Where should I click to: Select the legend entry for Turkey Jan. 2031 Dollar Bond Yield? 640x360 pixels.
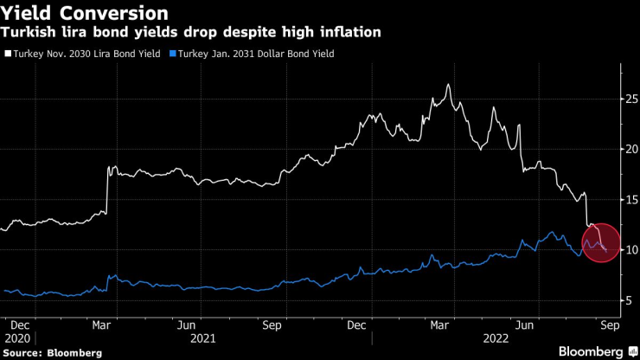(x=255, y=54)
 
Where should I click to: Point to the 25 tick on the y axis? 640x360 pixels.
(x=632, y=99)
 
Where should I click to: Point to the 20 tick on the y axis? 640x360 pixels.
(x=632, y=149)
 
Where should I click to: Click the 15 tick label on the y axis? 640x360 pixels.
(x=632, y=200)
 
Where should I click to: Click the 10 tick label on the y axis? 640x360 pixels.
(x=632, y=250)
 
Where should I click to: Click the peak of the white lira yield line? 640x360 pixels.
(x=448, y=85)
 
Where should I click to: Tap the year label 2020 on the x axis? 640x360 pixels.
(x=17, y=337)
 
